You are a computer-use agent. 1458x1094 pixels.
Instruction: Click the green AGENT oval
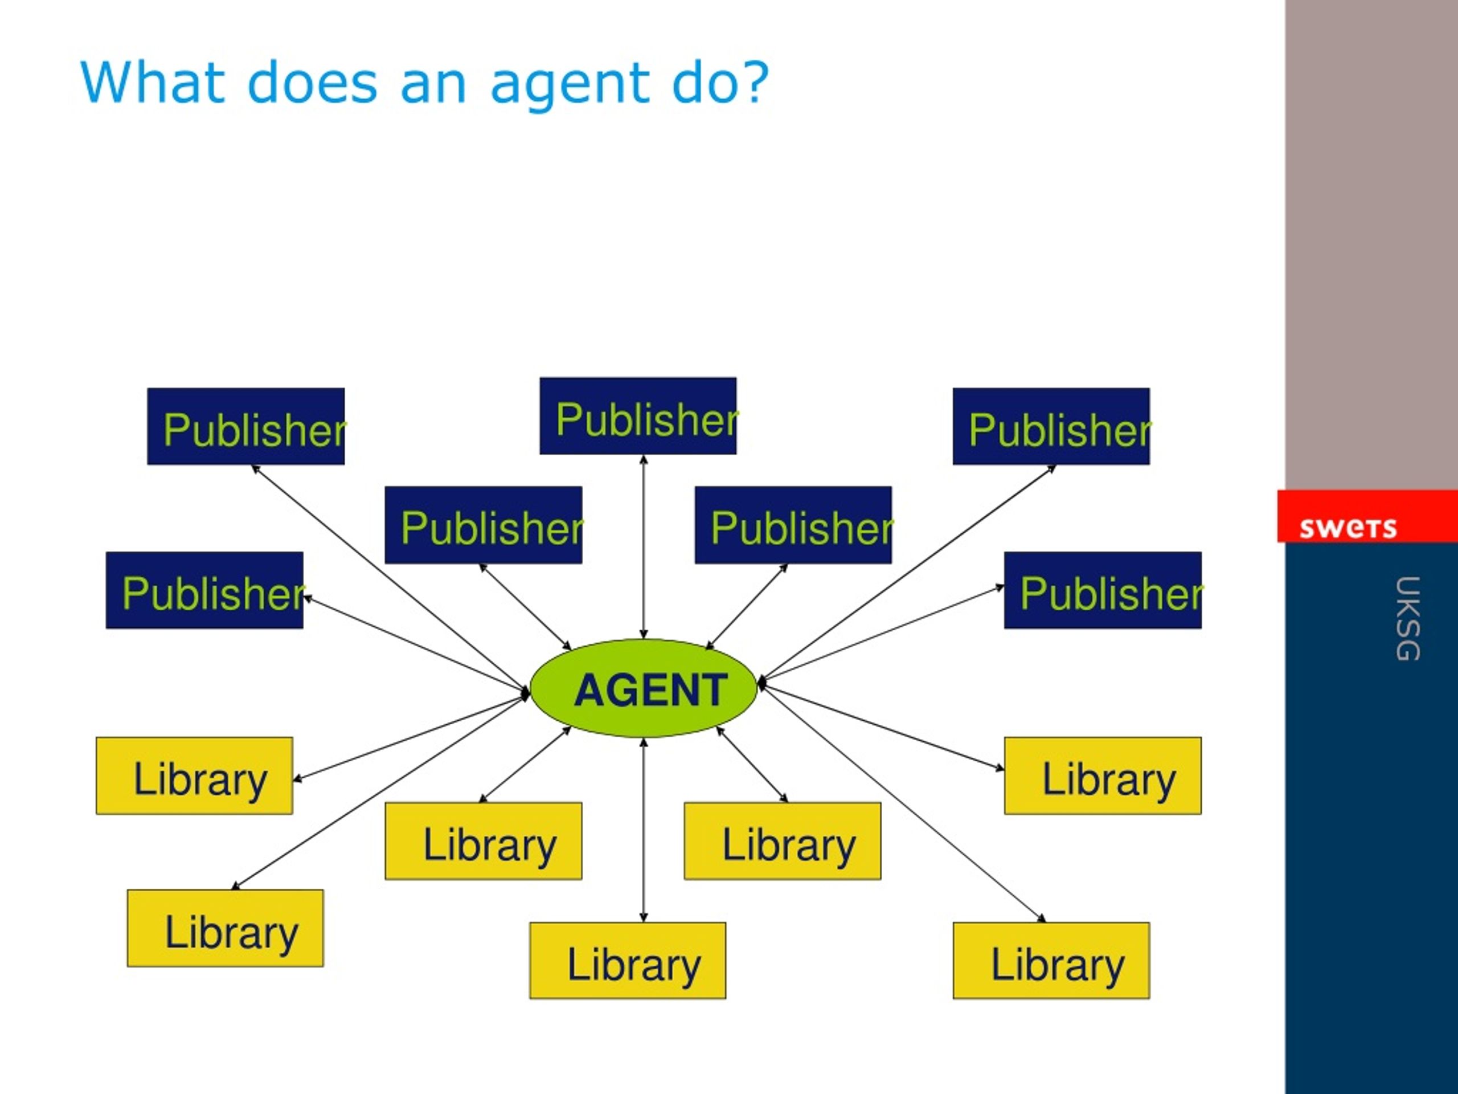click(644, 688)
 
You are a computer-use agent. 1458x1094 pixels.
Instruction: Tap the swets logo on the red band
click(1348, 528)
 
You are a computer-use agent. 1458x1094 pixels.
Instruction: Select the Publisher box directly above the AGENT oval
click(638, 416)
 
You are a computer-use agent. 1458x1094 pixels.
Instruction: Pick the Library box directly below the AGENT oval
click(628, 961)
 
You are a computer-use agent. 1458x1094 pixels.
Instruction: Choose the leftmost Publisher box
click(204, 590)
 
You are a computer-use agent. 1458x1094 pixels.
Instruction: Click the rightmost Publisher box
click(1103, 590)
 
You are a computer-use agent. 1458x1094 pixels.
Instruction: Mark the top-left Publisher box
click(246, 427)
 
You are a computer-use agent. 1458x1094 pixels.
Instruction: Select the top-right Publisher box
click(1051, 427)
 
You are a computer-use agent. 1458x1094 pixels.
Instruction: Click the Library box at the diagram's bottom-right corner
click(1051, 961)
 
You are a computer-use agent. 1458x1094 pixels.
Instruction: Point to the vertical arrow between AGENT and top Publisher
click(644, 546)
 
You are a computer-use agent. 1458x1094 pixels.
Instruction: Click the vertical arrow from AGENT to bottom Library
click(644, 830)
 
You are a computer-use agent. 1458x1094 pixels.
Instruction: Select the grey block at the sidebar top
click(1371, 244)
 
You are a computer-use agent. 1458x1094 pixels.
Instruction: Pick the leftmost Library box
click(194, 775)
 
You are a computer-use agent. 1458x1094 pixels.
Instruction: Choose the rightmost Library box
click(1103, 775)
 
